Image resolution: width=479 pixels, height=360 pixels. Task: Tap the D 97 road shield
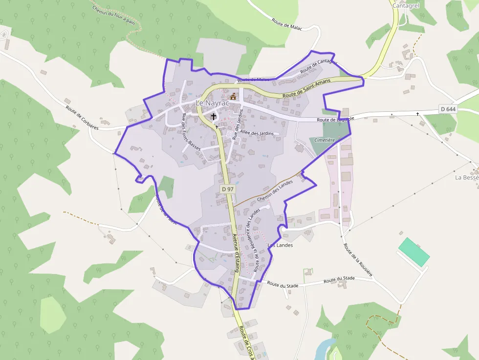[x=227, y=189]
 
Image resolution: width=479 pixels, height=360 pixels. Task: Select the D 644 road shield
[x=448, y=109]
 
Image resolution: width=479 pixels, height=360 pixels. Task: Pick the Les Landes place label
[x=281, y=245]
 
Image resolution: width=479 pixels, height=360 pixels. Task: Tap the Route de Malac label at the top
[x=287, y=24]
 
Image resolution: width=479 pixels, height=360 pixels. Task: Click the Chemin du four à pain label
[x=113, y=13]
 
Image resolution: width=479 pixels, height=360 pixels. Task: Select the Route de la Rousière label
[x=358, y=260]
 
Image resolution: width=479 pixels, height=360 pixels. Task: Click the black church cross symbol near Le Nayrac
[x=214, y=116]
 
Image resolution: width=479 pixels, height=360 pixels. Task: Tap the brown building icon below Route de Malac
[x=233, y=96]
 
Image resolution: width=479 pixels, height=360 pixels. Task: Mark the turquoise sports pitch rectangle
[x=414, y=252]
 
